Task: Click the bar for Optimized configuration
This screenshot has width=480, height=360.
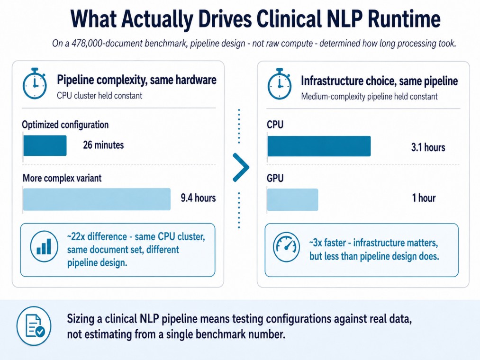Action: [45, 145]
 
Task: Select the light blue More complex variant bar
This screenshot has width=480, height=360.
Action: [97, 199]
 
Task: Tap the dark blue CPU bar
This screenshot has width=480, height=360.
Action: [319, 146]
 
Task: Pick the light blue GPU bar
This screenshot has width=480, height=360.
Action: [293, 200]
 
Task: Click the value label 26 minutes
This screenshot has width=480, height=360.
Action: [103, 145]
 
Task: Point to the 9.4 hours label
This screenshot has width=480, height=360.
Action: [198, 198]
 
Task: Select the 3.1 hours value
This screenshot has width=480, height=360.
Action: [428, 147]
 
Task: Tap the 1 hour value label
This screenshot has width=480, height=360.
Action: [424, 198]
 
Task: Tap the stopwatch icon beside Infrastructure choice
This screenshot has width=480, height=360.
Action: [279, 84]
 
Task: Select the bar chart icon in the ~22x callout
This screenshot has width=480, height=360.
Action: [44, 246]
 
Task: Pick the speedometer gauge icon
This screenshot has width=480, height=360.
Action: [286, 247]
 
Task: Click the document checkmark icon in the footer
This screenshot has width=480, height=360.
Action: [34, 326]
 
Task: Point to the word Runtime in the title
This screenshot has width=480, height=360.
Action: [404, 18]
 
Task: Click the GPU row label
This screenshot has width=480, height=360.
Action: [275, 178]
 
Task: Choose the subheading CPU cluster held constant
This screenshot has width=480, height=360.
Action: [100, 96]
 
